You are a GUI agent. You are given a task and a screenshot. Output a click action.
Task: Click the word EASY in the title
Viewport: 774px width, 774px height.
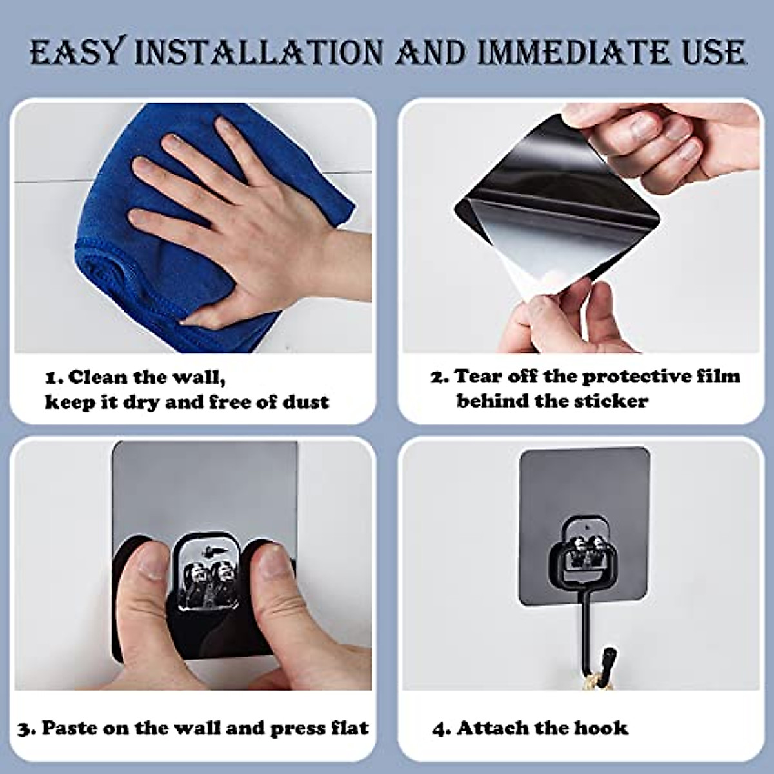(75, 53)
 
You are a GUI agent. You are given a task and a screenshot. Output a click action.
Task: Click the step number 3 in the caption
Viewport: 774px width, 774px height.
(25, 729)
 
